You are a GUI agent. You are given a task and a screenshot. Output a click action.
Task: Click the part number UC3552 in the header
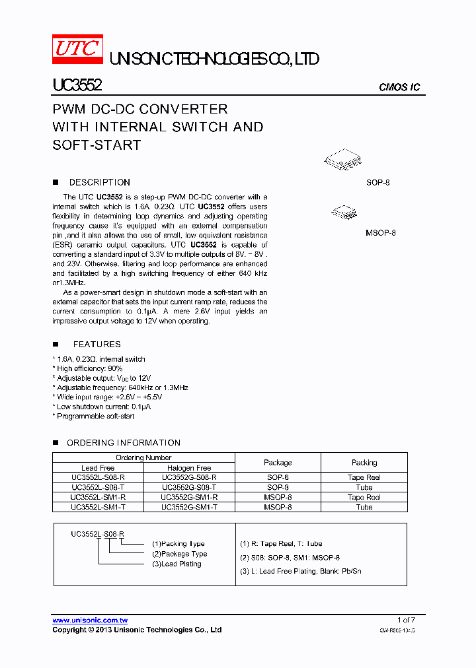click(x=77, y=86)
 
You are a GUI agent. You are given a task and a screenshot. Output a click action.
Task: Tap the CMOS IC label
click(x=399, y=87)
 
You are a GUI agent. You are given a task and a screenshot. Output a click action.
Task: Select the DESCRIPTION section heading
click(x=99, y=182)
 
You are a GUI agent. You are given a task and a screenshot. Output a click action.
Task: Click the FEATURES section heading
click(x=97, y=344)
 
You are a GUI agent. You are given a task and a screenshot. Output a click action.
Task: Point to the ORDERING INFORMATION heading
click(x=123, y=442)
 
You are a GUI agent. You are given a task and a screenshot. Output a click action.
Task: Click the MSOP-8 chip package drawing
click(x=344, y=212)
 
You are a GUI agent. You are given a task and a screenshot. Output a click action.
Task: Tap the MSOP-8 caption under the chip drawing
click(x=380, y=233)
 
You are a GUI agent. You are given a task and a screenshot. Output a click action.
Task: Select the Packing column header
click(x=364, y=463)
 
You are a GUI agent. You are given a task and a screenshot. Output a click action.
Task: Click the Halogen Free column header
click(x=189, y=468)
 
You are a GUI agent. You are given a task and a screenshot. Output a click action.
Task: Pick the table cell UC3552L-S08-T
click(x=98, y=487)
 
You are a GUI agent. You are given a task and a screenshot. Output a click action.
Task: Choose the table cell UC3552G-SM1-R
click(x=189, y=497)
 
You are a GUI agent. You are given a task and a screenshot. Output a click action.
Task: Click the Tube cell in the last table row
click(x=364, y=507)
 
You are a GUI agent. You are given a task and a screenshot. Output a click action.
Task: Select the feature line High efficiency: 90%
click(x=89, y=368)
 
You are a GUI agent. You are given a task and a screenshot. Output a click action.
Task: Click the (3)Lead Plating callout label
click(x=177, y=564)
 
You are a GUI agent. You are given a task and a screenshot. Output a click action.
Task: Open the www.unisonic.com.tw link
click(x=90, y=620)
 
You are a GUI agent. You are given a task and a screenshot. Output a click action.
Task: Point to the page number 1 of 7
click(x=406, y=620)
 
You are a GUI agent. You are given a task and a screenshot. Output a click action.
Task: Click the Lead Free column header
click(x=98, y=468)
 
